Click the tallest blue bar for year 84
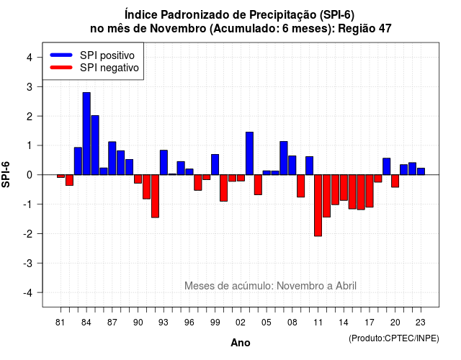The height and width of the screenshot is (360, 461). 86,134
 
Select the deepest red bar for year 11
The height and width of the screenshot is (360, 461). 318,205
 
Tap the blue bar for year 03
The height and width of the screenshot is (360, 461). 249,153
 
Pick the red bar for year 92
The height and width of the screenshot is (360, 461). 155,196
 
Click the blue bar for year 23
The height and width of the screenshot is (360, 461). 421,171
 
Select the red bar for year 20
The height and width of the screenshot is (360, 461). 395,181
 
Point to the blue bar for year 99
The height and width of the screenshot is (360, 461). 215,165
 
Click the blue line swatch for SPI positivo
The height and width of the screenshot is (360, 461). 61,55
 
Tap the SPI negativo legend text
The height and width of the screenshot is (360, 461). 109,68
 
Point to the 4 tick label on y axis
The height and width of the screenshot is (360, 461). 30,58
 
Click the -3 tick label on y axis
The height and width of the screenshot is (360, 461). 28,264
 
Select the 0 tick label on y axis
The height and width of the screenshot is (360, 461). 30,175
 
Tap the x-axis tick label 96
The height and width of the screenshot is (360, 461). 189,323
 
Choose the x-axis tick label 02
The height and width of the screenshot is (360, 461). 241,323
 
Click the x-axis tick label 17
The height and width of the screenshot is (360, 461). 370,323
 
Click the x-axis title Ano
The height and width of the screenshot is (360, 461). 241,343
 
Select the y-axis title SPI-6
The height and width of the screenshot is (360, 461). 6,174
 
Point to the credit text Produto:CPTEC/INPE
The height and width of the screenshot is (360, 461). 394,338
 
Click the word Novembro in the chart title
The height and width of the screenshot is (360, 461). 178,29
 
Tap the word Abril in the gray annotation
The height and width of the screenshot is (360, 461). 346,286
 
